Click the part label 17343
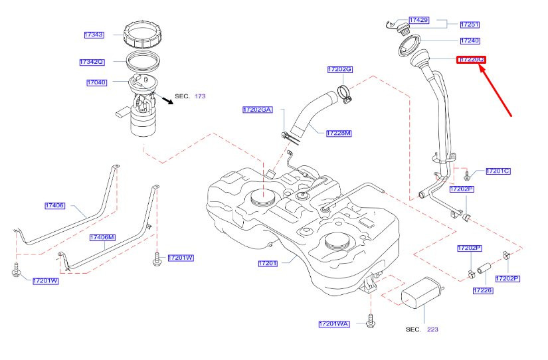[94, 34]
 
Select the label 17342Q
[92, 62]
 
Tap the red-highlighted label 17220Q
[471, 60]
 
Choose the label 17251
[470, 25]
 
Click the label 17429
[418, 21]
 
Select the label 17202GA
[257, 108]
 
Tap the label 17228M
[339, 134]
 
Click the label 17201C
[498, 171]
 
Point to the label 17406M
[103, 236]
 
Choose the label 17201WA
[333, 324]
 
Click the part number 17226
[483, 290]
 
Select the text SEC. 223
[422, 329]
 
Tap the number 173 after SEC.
[200, 96]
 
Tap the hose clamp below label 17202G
[345, 94]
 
